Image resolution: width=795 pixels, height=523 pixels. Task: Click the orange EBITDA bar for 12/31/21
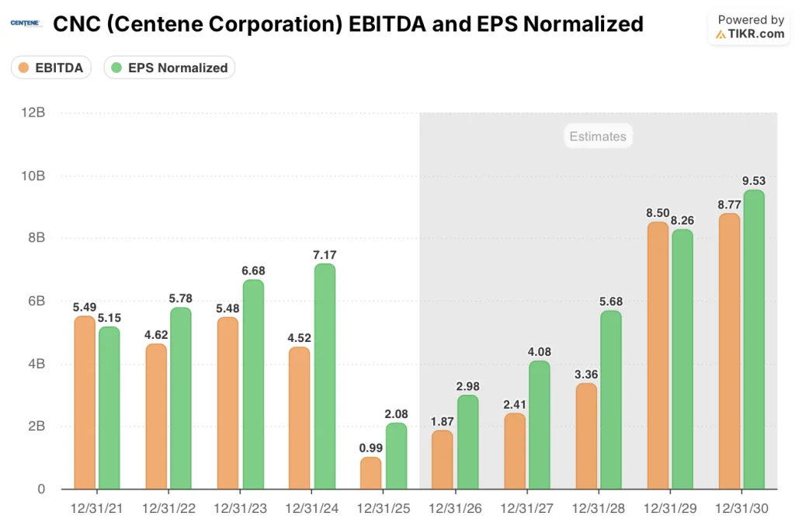[x=85, y=403]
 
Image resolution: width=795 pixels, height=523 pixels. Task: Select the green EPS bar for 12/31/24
[x=325, y=377]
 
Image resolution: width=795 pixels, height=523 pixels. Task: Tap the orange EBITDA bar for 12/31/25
[x=371, y=473]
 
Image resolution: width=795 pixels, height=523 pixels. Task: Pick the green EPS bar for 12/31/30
[x=754, y=340]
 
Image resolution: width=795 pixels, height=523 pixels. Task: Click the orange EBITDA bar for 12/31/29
[x=658, y=356]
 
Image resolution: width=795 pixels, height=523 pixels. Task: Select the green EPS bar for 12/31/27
[x=540, y=425]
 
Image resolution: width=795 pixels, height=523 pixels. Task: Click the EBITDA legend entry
[x=51, y=68]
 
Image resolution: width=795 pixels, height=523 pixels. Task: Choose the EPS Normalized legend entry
[x=169, y=68]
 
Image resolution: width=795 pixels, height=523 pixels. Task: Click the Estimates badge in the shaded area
[x=597, y=137]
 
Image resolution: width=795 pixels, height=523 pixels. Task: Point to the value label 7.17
[x=325, y=255]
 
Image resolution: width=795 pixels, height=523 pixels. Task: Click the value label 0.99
[x=371, y=448]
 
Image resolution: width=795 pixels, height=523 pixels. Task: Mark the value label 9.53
[x=754, y=181]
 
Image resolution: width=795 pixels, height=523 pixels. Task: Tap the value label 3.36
[x=586, y=374]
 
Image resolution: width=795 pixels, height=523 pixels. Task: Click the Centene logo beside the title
[x=25, y=24]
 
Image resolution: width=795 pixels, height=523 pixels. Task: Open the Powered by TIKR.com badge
[x=750, y=27]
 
